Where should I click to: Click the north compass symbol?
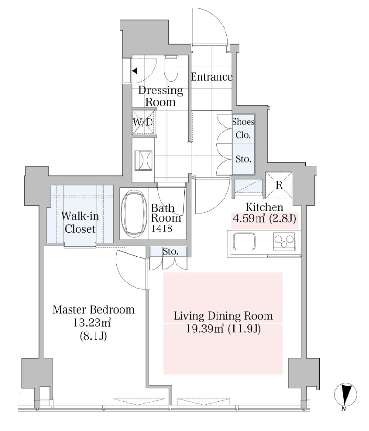(345, 394)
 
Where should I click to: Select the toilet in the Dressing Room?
(171, 68)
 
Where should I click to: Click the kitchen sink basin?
(244, 241)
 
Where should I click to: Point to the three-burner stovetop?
(284, 241)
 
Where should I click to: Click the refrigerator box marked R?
(279, 185)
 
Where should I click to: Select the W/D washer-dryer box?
(143, 122)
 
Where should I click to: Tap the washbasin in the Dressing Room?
(143, 160)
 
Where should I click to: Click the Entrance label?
(211, 77)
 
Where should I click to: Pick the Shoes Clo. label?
(243, 128)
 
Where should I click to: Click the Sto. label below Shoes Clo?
(244, 159)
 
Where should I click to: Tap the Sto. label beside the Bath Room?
(170, 251)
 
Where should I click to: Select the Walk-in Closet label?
(80, 223)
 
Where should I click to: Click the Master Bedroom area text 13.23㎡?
(92, 323)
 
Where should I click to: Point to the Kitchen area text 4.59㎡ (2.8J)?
(264, 219)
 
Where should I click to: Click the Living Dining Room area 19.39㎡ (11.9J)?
(223, 329)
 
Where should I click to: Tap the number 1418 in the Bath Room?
(162, 228)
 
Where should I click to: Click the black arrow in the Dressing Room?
(135, 71)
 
